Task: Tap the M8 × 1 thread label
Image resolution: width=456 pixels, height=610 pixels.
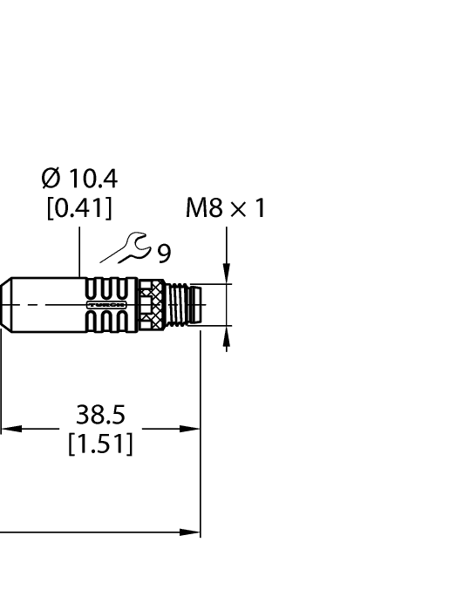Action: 224,208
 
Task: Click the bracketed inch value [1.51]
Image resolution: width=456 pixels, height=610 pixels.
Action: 101,446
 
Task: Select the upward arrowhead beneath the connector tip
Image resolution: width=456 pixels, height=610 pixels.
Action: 227,335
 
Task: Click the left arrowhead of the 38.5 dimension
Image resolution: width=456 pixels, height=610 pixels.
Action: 7,429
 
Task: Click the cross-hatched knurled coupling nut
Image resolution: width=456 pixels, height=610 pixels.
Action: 158,306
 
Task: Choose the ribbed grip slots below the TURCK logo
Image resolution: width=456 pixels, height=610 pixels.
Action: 106,322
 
